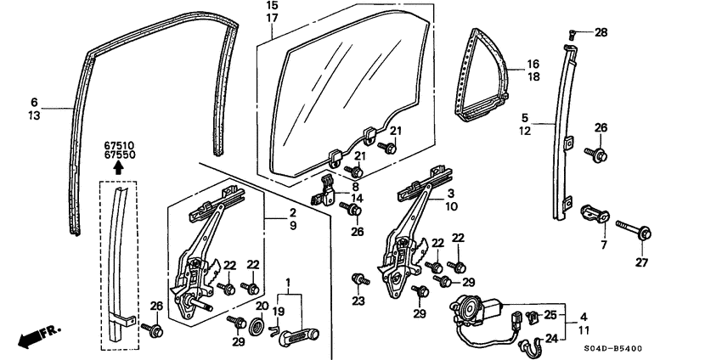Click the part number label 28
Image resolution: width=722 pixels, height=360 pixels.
click(x=601, y=32)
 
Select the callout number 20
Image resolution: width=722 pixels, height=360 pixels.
click(x=262, y=306)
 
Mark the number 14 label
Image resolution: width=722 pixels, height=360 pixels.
click(x=358, y=199)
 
